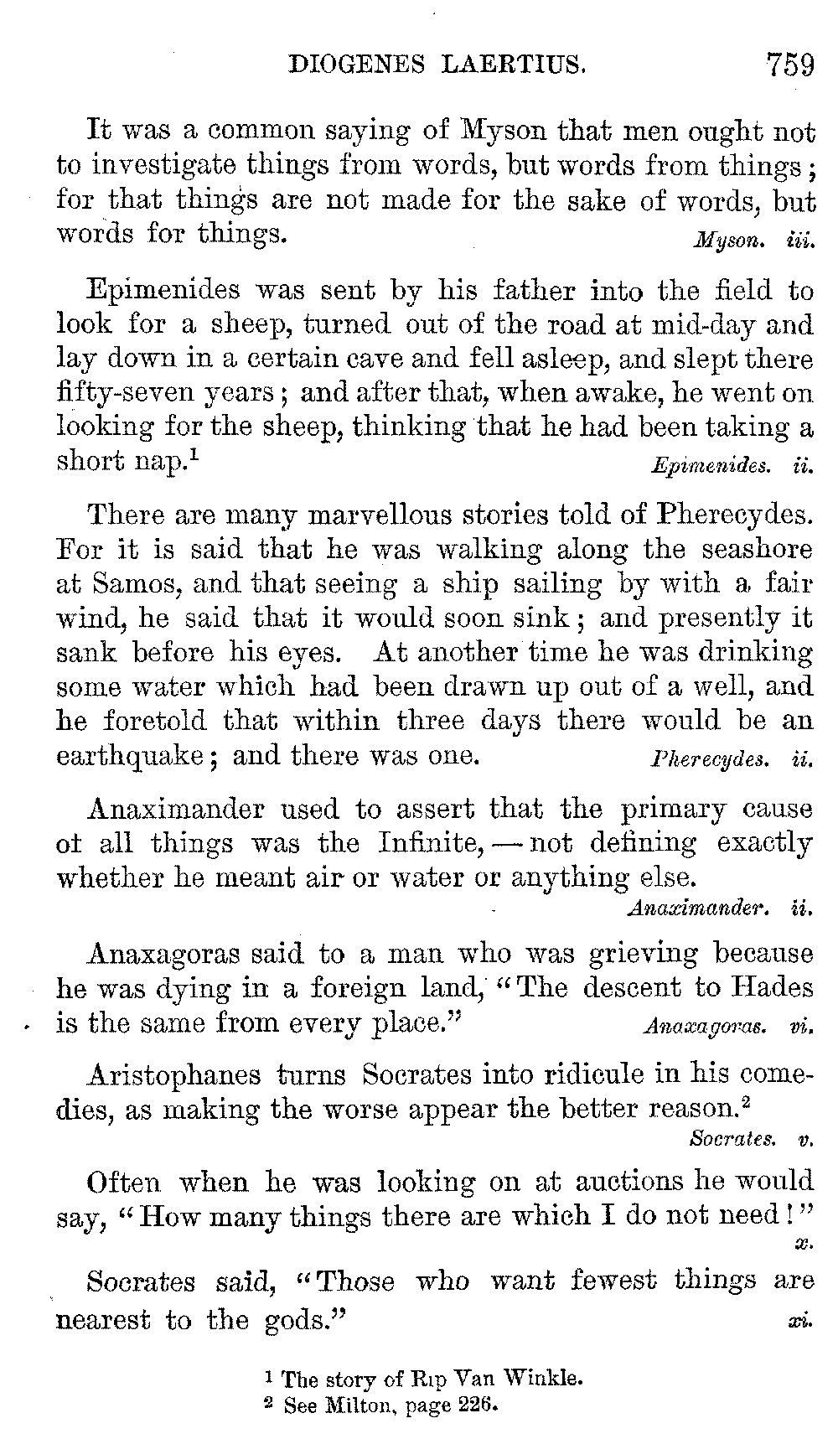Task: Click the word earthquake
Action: click(130, 756)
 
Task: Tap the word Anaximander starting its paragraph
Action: click(176, 809)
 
